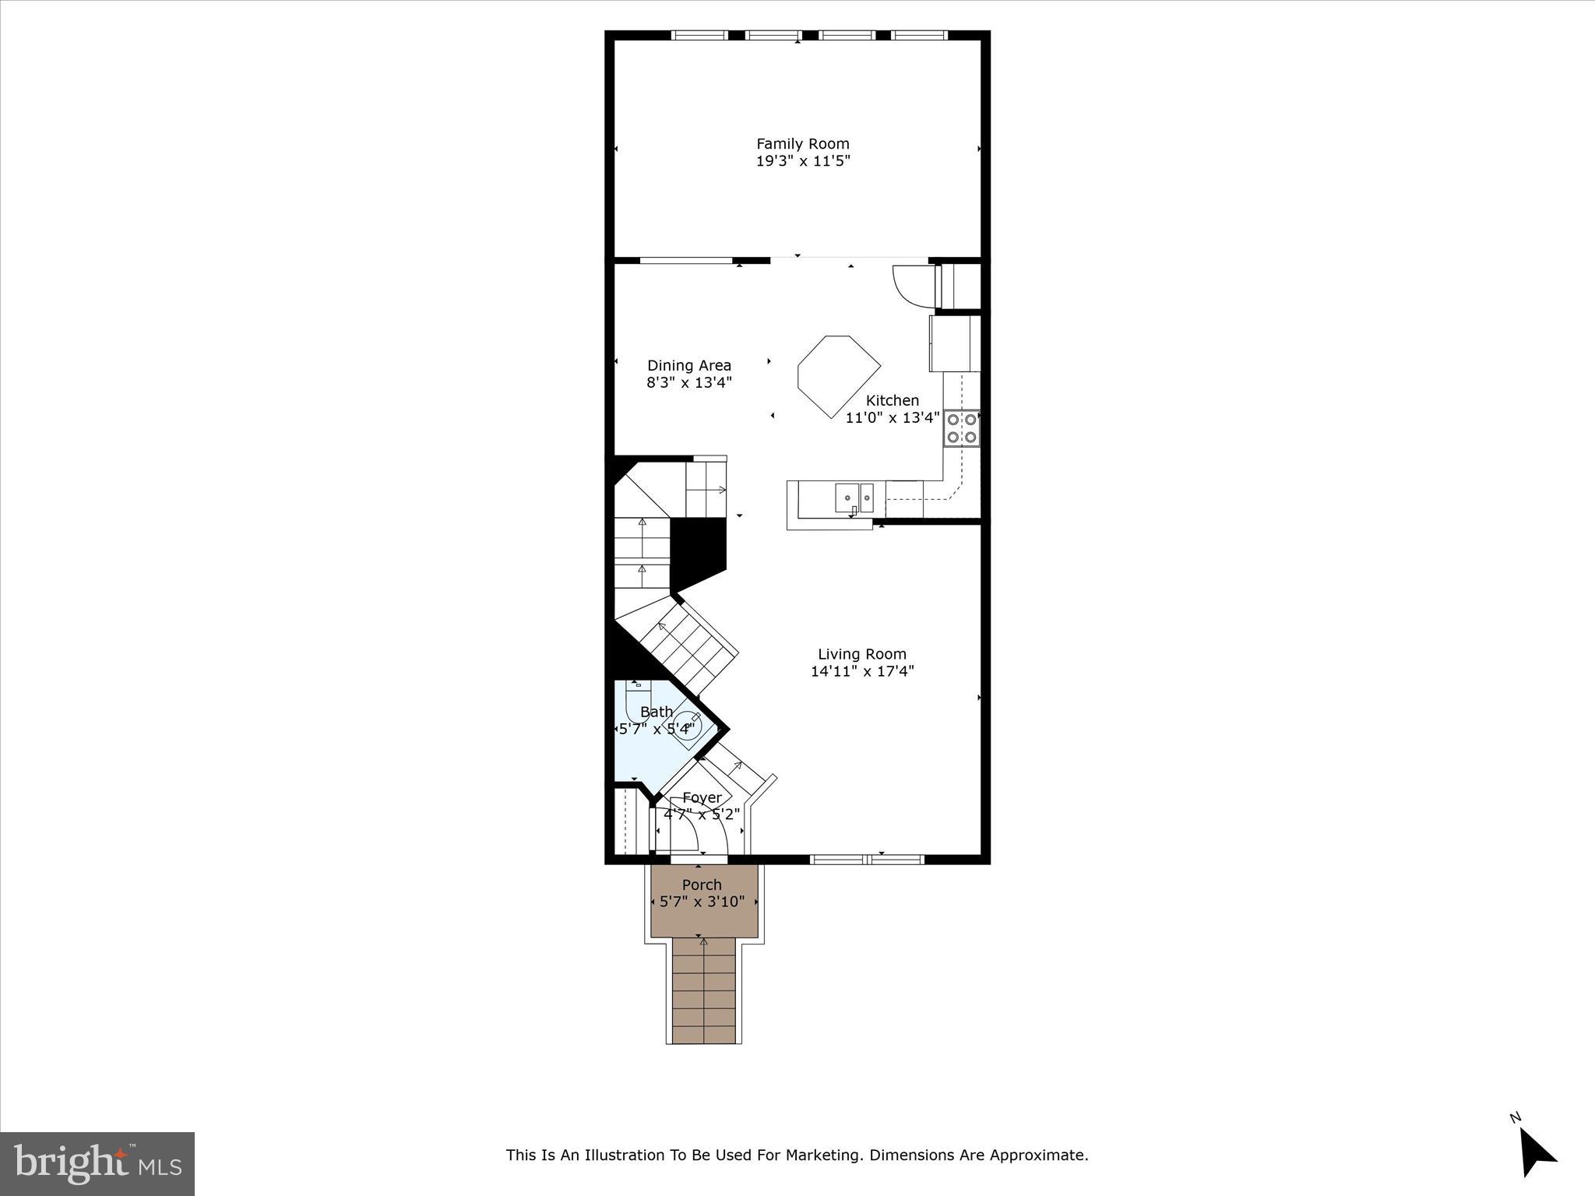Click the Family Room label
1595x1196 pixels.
coord(802,143)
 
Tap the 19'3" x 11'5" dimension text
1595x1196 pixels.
coord(802,162)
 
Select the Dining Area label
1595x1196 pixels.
coord(688,365)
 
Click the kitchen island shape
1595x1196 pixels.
coord(837,375)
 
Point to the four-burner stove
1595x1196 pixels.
coord(961,428)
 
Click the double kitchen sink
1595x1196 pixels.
coord(854,497)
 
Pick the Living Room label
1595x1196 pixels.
coord(861,654)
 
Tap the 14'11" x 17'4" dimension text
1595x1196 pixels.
coord(861,671)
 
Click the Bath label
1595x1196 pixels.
coord(656,712)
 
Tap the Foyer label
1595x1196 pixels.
coord(702,797)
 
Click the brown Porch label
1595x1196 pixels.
coord(702,885)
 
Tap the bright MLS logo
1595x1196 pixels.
coord(97,1163)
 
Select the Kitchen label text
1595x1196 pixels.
coord(892,400)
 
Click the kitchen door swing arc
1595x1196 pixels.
coord(908,285)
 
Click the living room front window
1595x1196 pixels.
coord(867,860)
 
